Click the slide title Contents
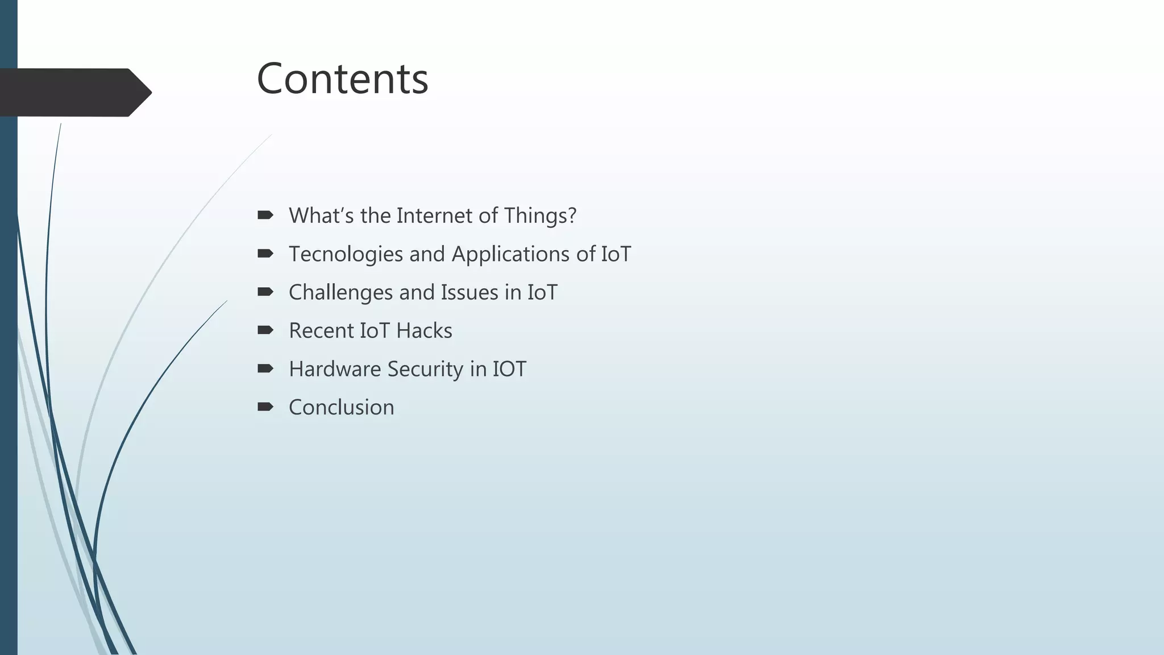[342, 78]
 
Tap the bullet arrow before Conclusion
[265, 407]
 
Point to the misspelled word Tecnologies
[346, 254]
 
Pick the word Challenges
[340, 292]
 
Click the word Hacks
[424, 331]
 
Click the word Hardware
[335, 369]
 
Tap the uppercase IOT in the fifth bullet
[509, 369]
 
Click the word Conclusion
[341, 407]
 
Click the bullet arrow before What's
[265, 215]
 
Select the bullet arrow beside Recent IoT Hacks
[265, 330]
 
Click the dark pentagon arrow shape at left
[74, 93]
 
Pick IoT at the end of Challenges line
[542, 292]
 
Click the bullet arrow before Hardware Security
[265, 368]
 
